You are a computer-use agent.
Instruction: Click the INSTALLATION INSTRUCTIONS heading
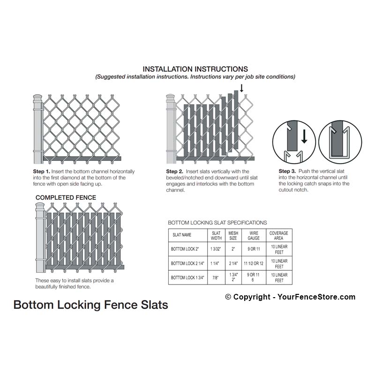[195, 69]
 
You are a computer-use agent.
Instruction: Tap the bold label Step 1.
[41, 172]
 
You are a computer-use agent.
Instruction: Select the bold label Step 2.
[174, 172]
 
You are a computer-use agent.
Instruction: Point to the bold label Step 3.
[287, 171]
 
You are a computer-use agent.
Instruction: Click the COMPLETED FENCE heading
[66, 197]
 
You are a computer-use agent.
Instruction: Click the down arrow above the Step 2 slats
[241, 88]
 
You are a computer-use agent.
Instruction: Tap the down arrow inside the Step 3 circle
[304, 136]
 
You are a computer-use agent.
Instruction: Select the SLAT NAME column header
[182, 235]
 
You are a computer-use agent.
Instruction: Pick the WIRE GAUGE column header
[254, 236]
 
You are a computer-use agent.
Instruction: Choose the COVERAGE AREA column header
[278, 236]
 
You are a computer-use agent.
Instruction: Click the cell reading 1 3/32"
[216, 249]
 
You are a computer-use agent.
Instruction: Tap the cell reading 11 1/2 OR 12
[254, 263]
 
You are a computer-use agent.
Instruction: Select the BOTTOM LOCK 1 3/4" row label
[187, 277]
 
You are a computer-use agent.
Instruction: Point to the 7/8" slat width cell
[216, 277]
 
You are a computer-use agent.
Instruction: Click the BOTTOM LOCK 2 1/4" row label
[187, 263]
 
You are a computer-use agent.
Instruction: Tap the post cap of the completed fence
[40, 207]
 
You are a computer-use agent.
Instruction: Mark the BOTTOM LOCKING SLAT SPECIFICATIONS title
[217, 223]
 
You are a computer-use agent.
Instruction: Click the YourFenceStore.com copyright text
[290, 297]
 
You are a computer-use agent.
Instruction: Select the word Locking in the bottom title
[79, 305]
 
